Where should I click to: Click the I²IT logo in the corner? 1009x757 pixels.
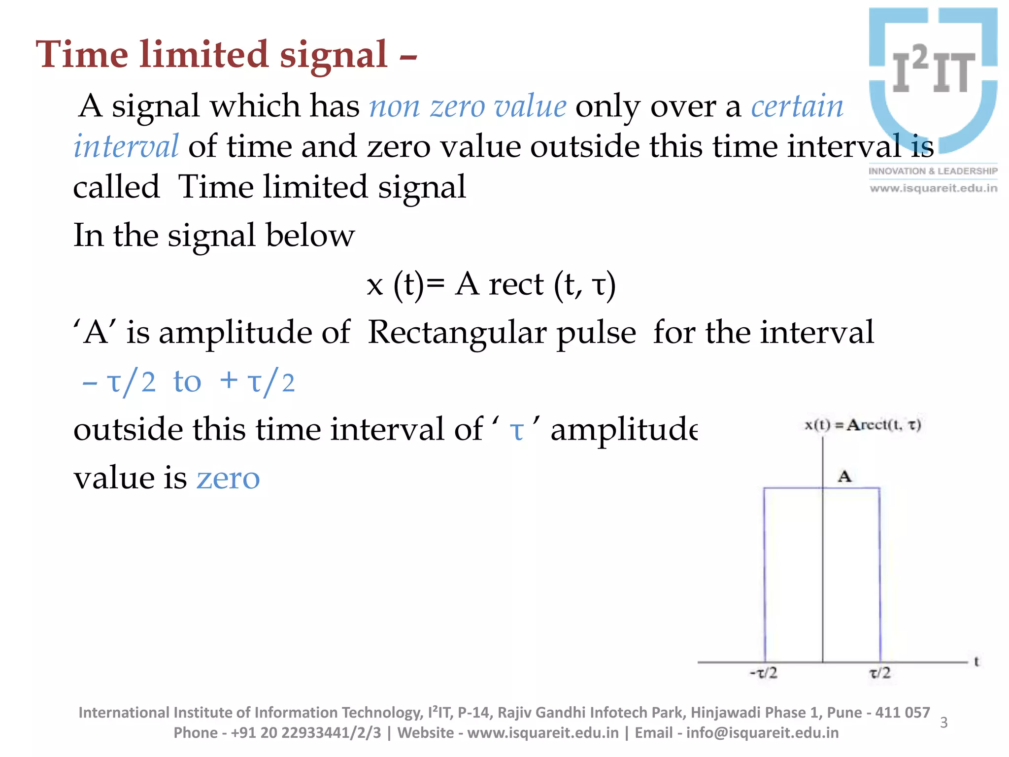pos(933,79)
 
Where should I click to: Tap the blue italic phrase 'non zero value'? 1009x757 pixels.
pos(468,106)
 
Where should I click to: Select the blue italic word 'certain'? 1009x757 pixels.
pos(797,106)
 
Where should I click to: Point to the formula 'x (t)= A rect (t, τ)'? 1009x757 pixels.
pos(491,285)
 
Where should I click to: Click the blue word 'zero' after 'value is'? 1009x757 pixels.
pos(228,478)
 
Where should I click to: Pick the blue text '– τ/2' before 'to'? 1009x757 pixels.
pos(119,382)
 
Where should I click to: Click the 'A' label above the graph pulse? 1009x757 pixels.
pos(844,476)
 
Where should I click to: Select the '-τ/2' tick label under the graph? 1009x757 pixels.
pos(763,673)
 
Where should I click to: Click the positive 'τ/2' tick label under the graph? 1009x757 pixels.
pos(880,673)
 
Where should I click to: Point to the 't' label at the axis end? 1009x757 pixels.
pos(976,661)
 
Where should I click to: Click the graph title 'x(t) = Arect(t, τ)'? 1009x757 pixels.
pos(863,424)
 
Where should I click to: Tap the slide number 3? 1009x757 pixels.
pos(943,723)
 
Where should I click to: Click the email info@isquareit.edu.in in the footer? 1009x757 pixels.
pos(762,733)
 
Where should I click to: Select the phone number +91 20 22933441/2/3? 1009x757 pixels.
pos(306,733)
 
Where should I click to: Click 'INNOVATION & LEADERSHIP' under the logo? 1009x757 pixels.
pos(933,171)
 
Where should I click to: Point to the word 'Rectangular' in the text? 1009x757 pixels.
pos(502,332)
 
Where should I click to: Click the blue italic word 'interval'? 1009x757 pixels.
pos(126,146)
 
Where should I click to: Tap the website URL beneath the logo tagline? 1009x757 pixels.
pos(933,188)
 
